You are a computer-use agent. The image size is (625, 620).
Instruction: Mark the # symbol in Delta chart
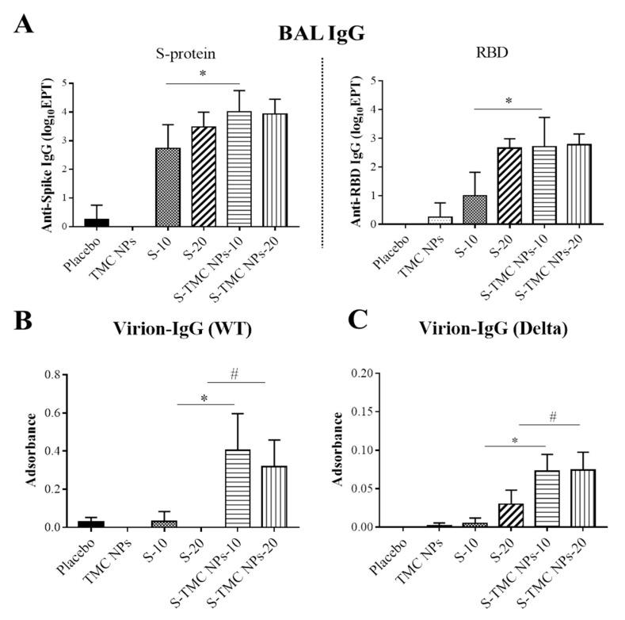click(x=550, y=416)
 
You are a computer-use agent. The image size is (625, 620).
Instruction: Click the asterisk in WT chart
click(x=205, y=397)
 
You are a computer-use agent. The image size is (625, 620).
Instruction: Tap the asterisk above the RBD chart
click(x=509, y=101)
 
